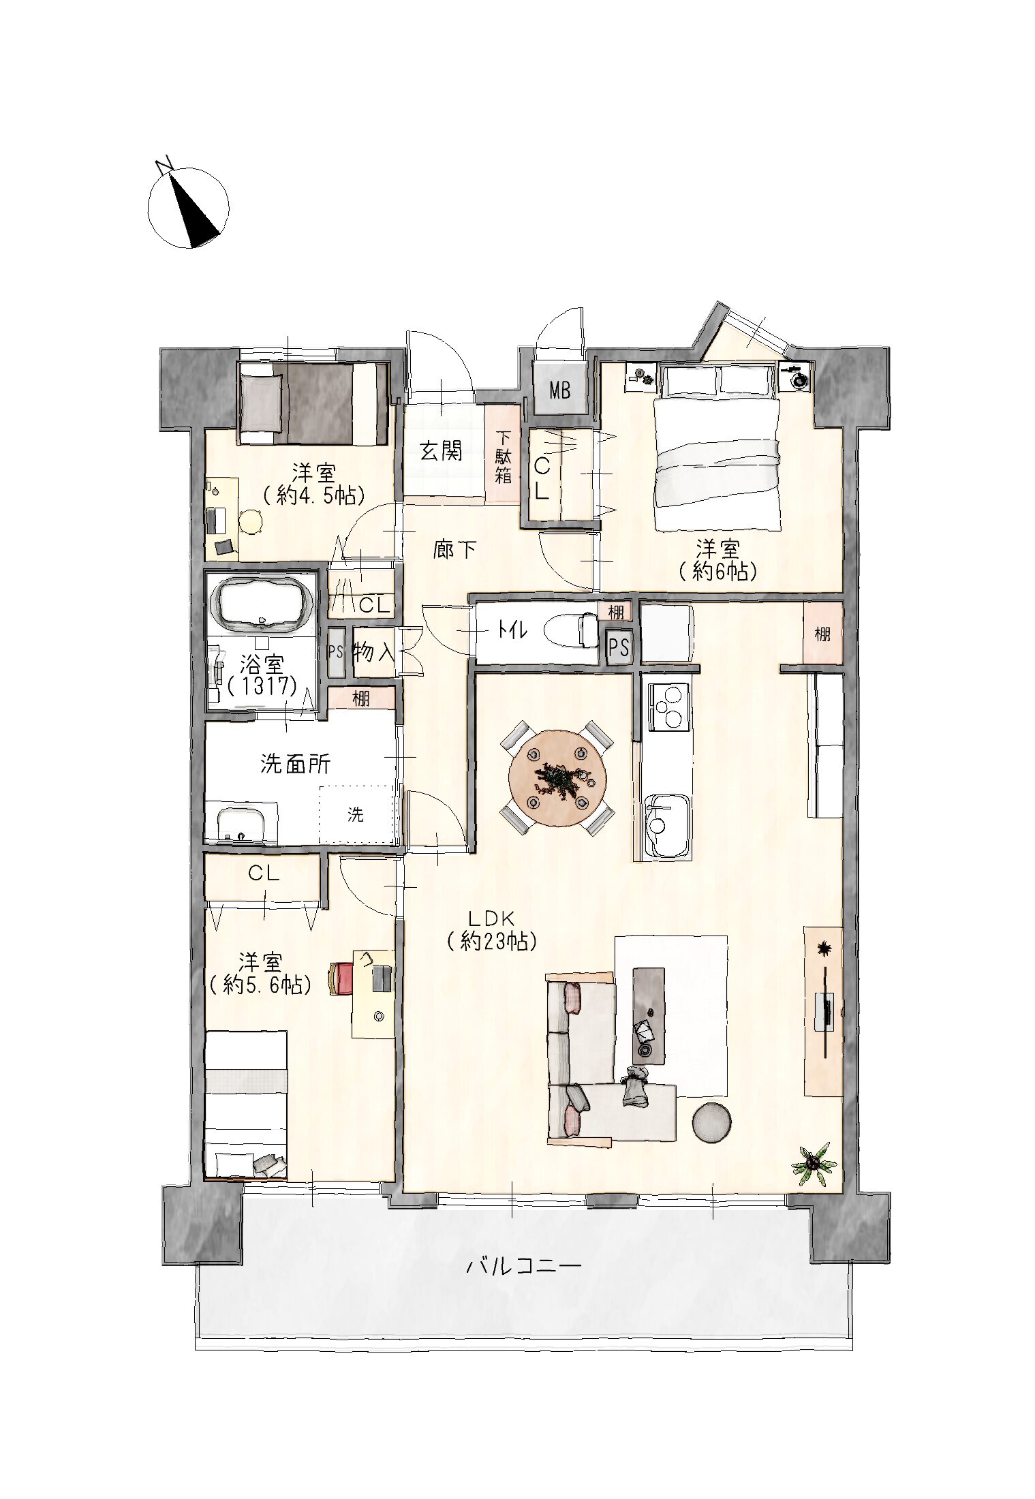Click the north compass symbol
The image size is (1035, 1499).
[x=188, y=205]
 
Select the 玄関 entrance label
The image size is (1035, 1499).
[x=440, y=451]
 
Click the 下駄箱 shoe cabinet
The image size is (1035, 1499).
[x=503, y=456]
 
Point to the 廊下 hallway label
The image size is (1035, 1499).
[x=454, y=549]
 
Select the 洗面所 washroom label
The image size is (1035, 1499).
[x=295, y=764]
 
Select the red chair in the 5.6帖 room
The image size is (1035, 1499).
[x=339, y=978]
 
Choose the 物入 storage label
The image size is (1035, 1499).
[x=373, y=652]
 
